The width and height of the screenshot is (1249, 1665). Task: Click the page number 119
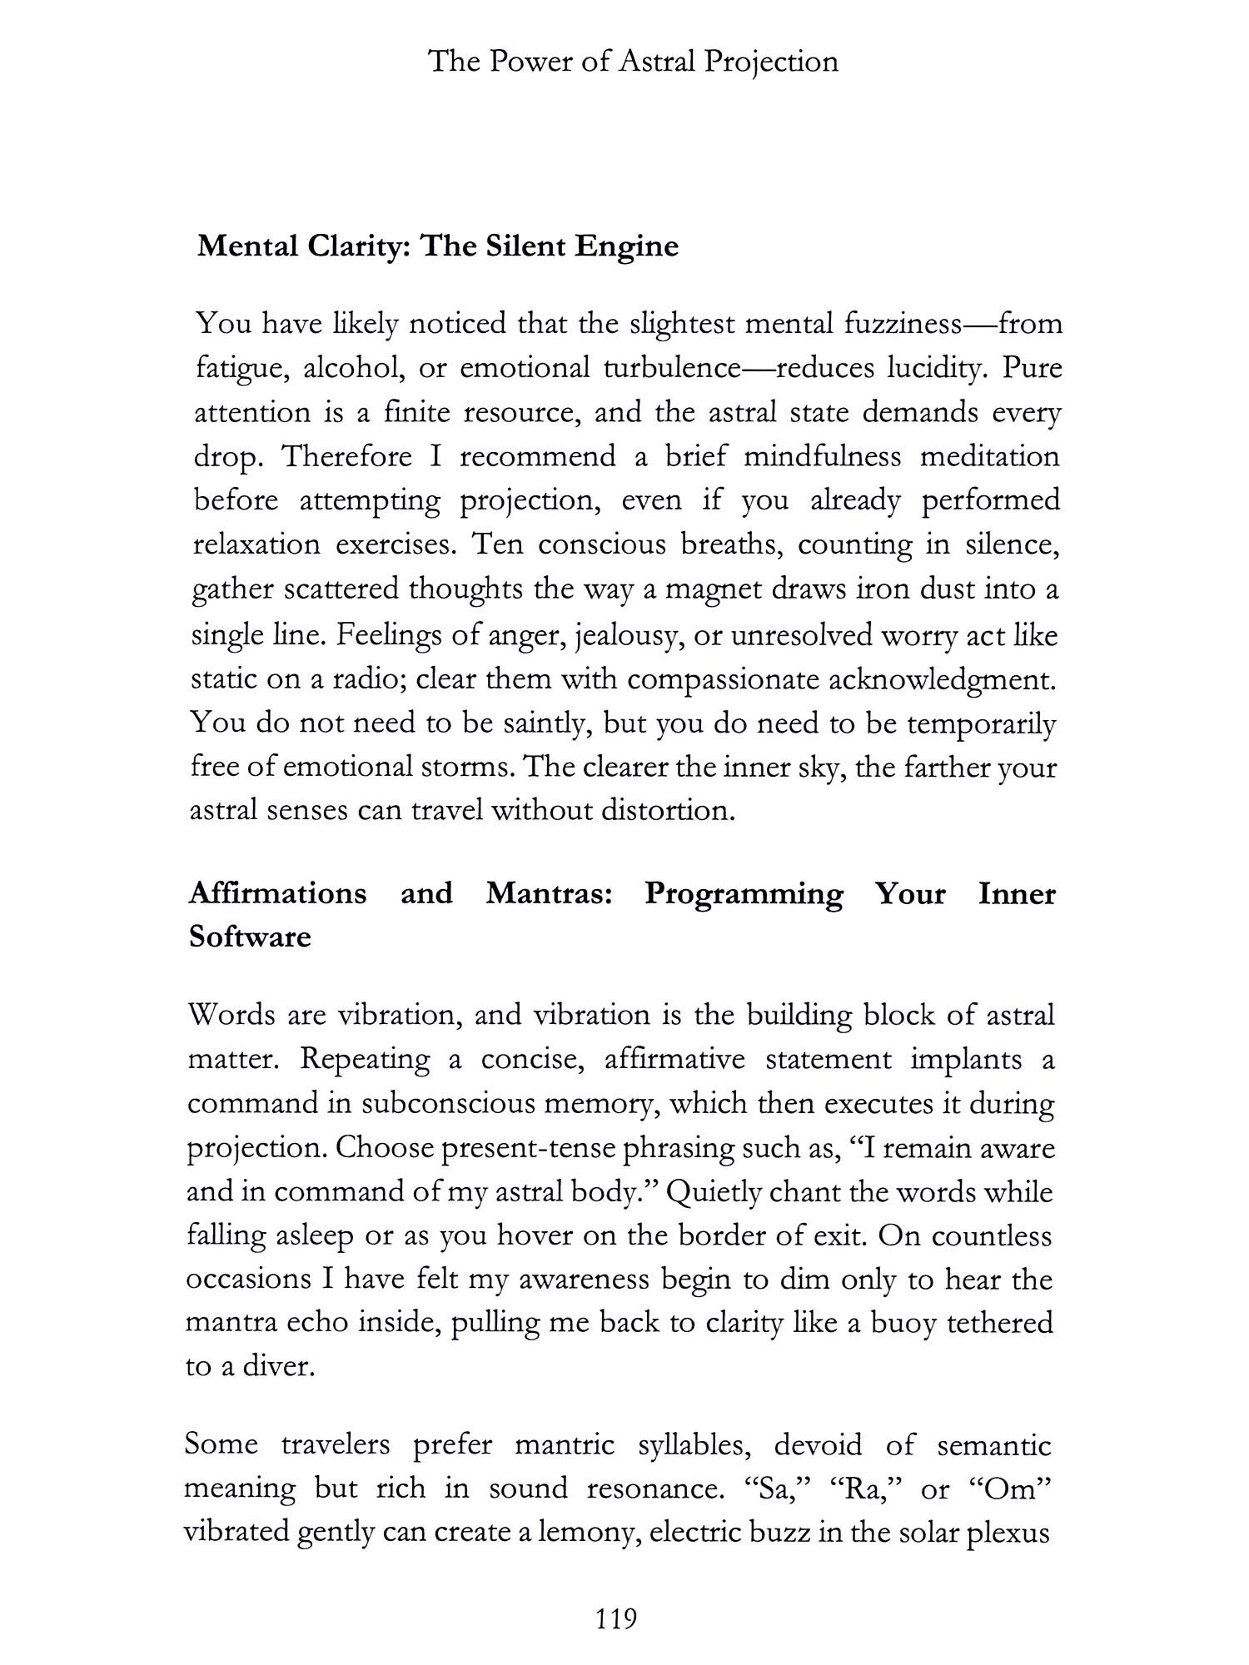(617, 1618)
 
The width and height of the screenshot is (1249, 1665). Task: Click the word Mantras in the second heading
(549, 892)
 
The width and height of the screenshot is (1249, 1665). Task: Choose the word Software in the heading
(250, 937)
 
